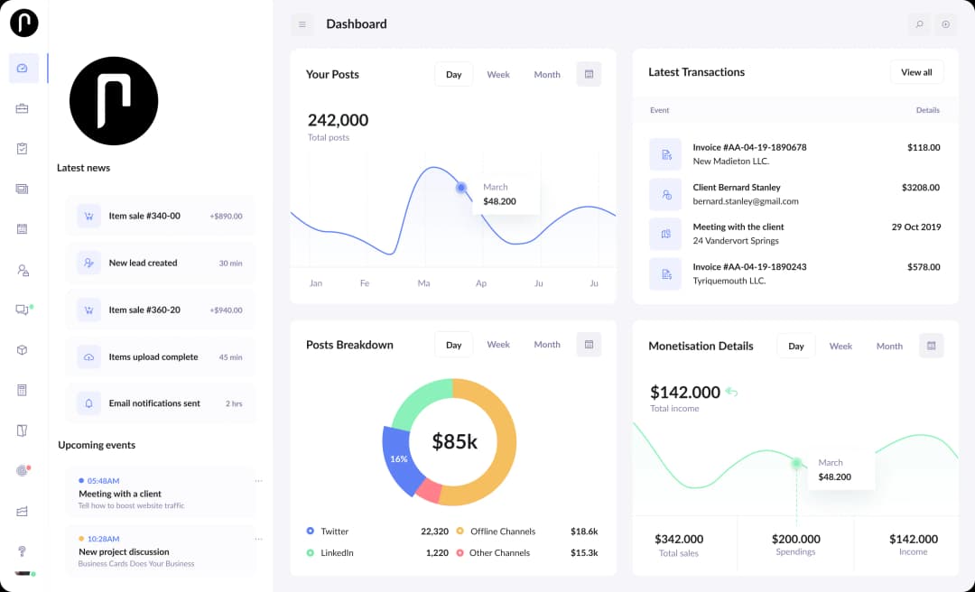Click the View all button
click(x=916, y=72)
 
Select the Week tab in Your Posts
click(x=498, y=74)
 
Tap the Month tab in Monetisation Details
click(x=889, y=346)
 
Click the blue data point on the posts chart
click(x=461, y=188)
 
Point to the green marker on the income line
click(x=796, y=463)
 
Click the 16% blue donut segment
click(x=398, y=459)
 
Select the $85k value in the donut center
click(x=454, y=441)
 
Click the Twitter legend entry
click(x=334, y=532)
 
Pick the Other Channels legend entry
click(x=499, y=553)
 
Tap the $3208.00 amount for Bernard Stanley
click(x=920, y=188)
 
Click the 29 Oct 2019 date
click(x=915, y=227)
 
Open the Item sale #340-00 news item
click(x=144, y=216)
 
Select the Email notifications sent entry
click(x=154, y=403)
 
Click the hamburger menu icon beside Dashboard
click(x=302, y=24)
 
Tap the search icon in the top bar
click(x=919, y=24)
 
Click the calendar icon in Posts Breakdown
click(x=589, y=344)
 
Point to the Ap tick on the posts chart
click(x=481, y=283)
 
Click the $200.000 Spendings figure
click(x=795, y=539)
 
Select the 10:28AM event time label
click(x=103, y=539)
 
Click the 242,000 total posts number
click(x=338, y=120)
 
